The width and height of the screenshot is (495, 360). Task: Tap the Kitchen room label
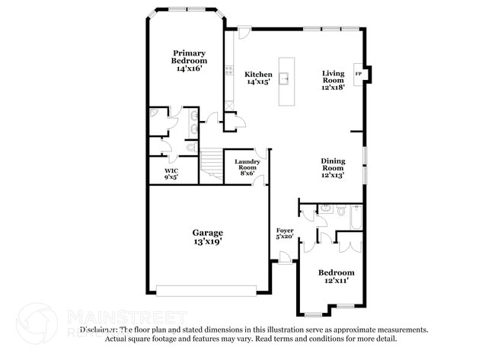(258, 78)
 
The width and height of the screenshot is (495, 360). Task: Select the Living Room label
(333, 79)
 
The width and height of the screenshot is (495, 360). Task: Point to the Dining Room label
(333, 167)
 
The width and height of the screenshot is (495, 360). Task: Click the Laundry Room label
(247, 167)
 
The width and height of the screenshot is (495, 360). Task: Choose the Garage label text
(207, 236)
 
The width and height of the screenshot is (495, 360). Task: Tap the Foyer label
(284, 233)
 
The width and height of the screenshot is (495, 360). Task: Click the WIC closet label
(171, 173)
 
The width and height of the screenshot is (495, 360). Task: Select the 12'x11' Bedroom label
(336, 276)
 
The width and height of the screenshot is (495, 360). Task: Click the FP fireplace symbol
(359, 74)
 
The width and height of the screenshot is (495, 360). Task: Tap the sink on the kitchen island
(286, 78)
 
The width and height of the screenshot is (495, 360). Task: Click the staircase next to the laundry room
(211, 164)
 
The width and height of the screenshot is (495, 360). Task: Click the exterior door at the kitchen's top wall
(244, 32)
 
